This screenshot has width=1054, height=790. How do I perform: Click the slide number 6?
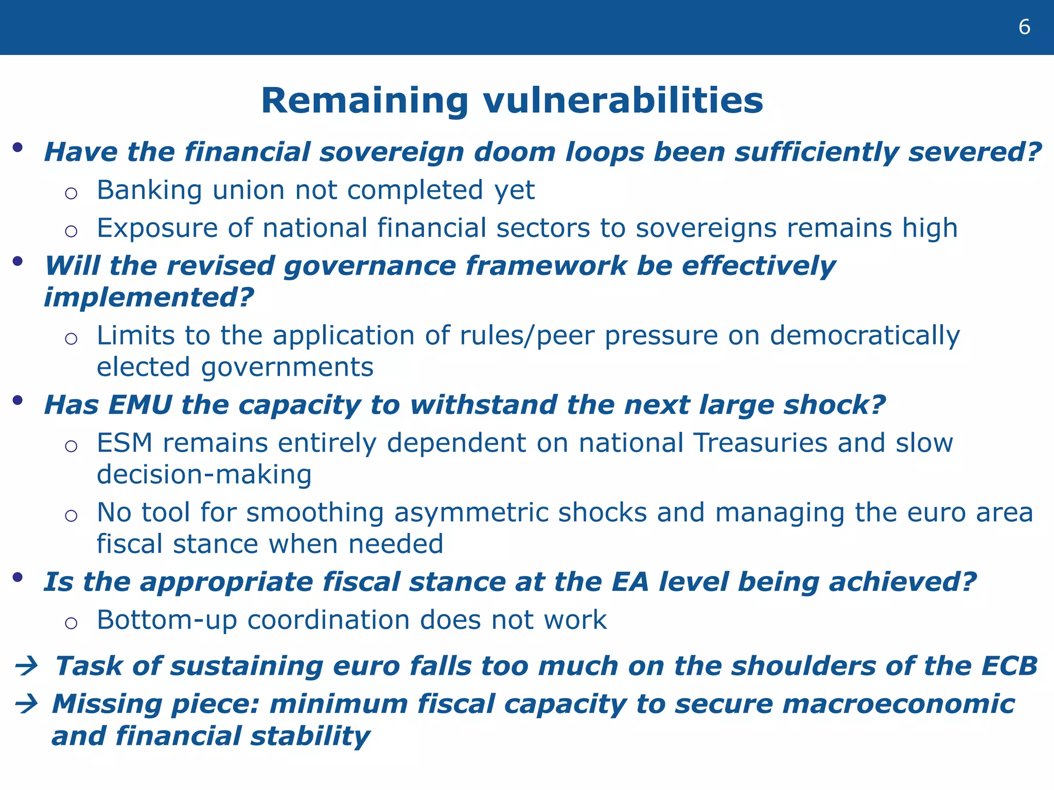click(1024, 27)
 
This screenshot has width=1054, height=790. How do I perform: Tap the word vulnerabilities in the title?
click(623, 101)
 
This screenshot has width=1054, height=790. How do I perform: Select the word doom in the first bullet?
click(515, 153)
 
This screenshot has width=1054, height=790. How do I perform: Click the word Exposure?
click(157, 229)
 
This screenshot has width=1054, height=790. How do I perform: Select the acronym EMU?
click(140, 405)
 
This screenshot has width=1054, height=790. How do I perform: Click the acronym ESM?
click(125, 443)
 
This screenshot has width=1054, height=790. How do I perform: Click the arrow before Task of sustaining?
click(27, 667)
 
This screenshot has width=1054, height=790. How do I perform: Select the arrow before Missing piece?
click(27, 704)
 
